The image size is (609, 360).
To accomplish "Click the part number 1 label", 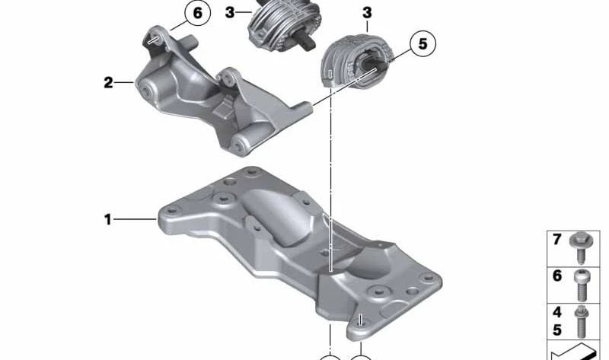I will tap(108, 220).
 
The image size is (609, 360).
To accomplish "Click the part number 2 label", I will tap(108, 81).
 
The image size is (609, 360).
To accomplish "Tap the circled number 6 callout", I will tap(198, 14).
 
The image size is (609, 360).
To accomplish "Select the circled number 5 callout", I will tap(422, 44).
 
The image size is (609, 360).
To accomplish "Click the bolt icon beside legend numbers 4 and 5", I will tap(585, 319).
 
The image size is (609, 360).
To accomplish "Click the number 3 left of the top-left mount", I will tap(229, 12).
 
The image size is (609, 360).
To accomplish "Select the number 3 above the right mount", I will tap(367, 14).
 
